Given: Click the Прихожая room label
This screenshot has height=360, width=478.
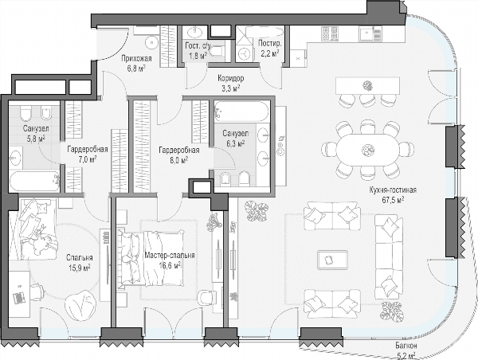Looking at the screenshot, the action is pyautogui.click(x=136, y=58).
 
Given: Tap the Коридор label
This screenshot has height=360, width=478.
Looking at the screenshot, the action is pyautogui.click(x=230, y=78).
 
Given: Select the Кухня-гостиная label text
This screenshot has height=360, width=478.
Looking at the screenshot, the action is pyautogui.click(x=393, y=190).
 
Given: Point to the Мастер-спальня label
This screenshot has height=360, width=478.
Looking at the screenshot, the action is pyautogui.click(x=170, y=256).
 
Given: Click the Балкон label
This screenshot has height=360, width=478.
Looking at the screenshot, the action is pyautogui.click(x=406, y=346).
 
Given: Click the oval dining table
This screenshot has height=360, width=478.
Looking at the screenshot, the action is pyautogui.click(x=367, y=150).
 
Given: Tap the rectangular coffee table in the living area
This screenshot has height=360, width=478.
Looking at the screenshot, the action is pyautogui.click(x=332, y=260).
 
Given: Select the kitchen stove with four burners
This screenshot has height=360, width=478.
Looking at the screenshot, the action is pyautogui.click(x=330, y=33).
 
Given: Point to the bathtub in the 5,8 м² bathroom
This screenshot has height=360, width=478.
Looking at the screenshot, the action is pyautogui.click(x=34, y=181).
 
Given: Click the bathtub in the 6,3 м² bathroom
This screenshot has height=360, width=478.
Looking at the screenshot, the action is pyautogui.click(x=241, y=112).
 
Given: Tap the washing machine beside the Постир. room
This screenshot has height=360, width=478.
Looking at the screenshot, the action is pyautogui.click(x=244, y=54).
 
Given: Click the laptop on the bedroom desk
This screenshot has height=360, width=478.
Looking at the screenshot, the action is pyautogui.click(x=18, y=297).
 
